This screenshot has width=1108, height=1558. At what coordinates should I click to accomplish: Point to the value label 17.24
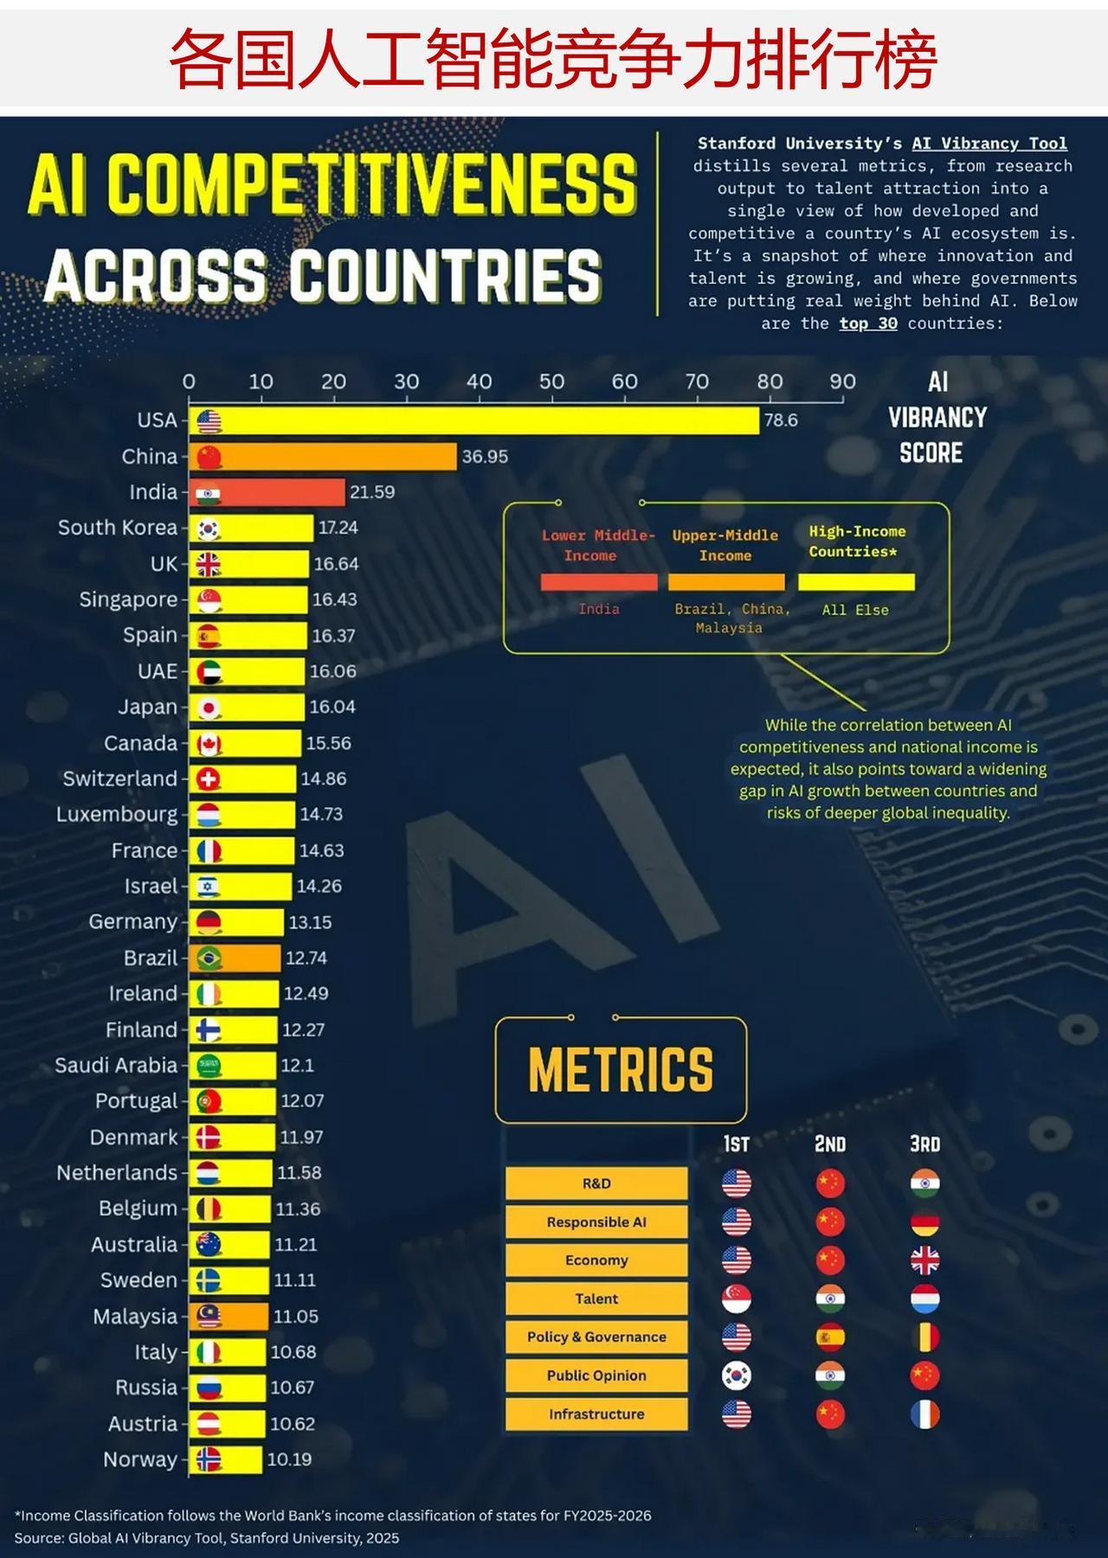[x=338, y=528]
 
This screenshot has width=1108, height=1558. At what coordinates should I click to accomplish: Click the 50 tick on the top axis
[x=551, y=381]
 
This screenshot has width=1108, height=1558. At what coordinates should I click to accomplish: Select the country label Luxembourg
[x=117, y=815]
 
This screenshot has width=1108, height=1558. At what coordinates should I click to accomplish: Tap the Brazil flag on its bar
[x=209, y=959]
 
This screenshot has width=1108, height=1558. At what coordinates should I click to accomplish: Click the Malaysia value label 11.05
[x=296, y=1317]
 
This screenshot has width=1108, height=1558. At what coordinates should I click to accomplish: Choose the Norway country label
[x=140, y=1459]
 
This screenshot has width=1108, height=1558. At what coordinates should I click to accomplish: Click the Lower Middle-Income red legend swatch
[x=599, y=582]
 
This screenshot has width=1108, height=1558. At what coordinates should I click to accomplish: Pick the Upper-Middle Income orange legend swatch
[x=726, y=582]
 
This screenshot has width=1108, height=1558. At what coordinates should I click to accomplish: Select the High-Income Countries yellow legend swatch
[x=856, y=582]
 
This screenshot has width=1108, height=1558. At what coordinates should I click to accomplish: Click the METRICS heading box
[x=621, y=1069]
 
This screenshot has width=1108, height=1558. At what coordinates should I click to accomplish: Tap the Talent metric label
[x=596, y=1298]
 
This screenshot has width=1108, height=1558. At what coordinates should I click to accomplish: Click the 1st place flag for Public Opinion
[x=737, y=1375]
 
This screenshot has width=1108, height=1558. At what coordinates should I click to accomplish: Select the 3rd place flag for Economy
[x=924, y=1260]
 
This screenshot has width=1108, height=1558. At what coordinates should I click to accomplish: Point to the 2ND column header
[x=830, y=1144]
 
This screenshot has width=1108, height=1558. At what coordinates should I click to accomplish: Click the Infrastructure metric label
[x=596, y=1414]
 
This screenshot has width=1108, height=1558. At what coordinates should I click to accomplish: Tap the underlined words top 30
[x=868, y=324]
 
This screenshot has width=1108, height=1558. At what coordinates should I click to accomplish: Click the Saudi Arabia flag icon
[x=209, y=1066]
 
